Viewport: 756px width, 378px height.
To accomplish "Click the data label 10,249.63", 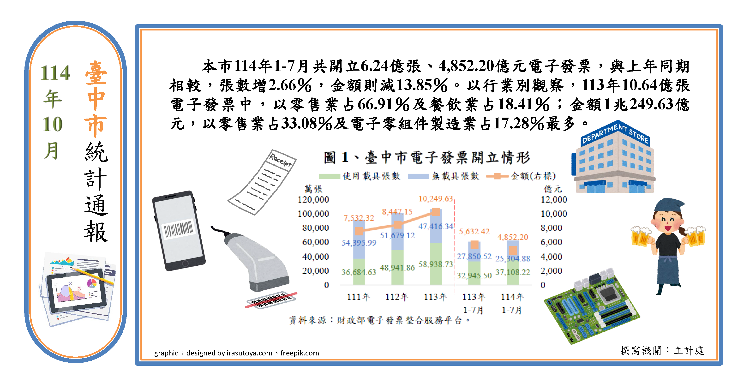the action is tap(436, 199).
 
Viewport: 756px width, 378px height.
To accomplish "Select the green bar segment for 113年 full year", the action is tap(436, 264).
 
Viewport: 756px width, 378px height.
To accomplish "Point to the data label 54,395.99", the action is tap(359, 243).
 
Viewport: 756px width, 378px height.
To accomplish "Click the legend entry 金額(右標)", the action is tap(521, 176).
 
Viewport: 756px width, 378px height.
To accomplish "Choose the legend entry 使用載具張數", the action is tap(360, 176).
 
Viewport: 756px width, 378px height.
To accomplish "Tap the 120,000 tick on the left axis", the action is tap(313, 200).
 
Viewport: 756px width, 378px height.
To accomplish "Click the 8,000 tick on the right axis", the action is tap(551, 228).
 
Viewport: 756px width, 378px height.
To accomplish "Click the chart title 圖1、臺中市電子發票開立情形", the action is tap(427, 158).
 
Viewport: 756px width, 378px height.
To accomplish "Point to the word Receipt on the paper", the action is tap(281, 160).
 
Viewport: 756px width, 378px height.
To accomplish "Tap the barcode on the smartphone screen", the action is tap(178, 229).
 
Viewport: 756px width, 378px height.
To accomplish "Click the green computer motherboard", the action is tap(591, 307).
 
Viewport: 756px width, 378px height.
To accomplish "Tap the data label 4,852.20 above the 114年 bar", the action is tap(512, 237).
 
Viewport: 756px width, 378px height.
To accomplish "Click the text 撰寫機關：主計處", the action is tap(662, 350).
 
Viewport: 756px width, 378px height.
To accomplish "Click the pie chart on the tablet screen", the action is tap(92, 283).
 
